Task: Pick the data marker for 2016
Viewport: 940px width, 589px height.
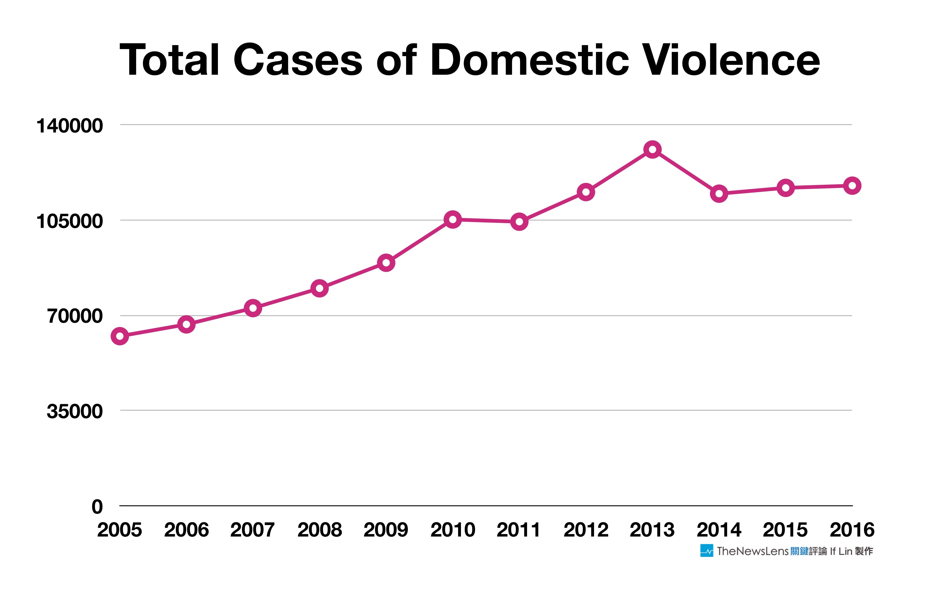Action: click(x=852, y=186)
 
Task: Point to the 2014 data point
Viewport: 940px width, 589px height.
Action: click(x=719, y=194)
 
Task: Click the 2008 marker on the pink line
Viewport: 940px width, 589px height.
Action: click(x=319, y=289)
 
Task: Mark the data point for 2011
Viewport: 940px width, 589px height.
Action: click(x=519, y=222)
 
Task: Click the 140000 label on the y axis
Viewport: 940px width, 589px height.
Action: click(x=69, y=126)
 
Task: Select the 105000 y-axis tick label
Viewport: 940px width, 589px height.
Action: click(x=69, y=221)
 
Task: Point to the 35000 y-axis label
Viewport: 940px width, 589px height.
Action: click(x=75, y=411)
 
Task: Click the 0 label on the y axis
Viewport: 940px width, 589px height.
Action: click(x=97, y=507)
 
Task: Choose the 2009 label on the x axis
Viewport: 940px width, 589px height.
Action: click(x=386, y=530)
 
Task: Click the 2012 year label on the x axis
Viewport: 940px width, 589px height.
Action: click(x=586, y=530)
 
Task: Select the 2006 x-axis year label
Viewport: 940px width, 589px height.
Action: click(x=186, y=530)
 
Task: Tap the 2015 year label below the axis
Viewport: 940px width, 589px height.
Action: click(x=785, y=530)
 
